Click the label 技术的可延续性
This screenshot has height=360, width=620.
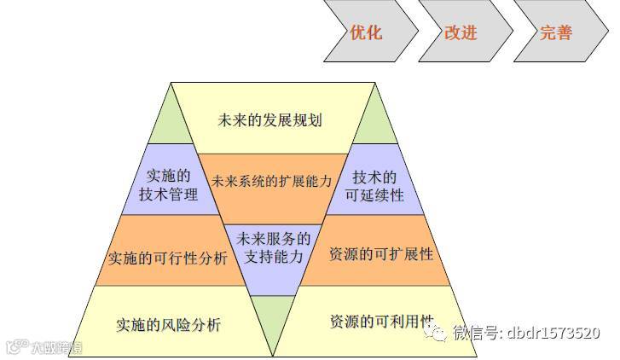[x=376, y=186]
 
